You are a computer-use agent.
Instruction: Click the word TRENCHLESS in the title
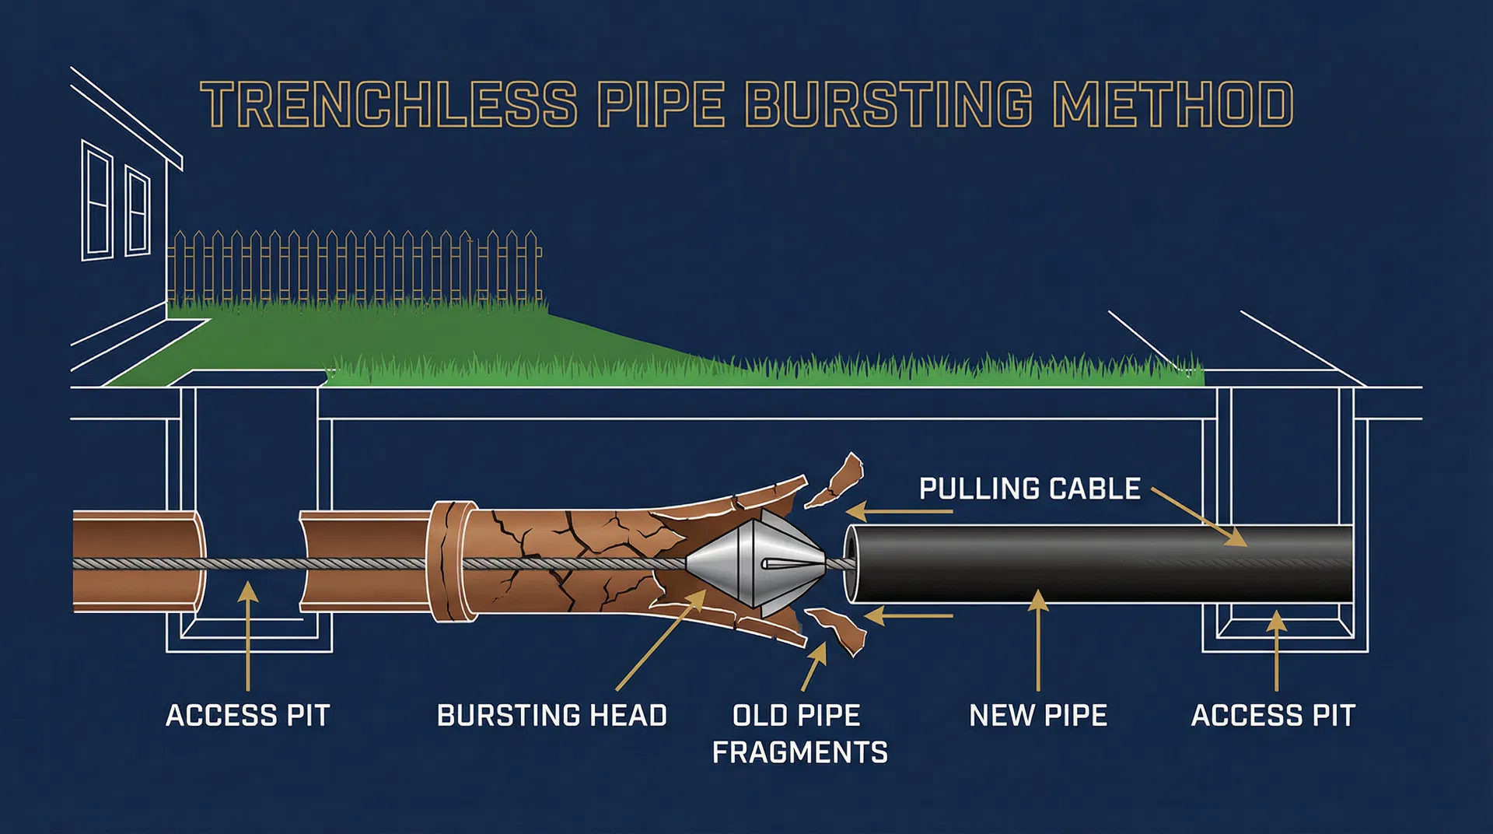[389, 105]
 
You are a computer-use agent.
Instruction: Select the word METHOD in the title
[1173, 105]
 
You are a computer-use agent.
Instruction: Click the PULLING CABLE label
[1030, 489]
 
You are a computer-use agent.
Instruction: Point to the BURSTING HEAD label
[552, 716]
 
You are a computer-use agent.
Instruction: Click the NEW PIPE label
[1038, 716]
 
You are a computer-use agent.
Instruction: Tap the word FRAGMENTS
[799, 753]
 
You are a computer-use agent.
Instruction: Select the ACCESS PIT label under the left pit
[248, 716]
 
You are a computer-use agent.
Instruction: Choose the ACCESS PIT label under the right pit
[1273, 716]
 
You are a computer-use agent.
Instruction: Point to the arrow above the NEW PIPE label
[1038, 638]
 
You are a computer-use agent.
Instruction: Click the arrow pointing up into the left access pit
[248, 634]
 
